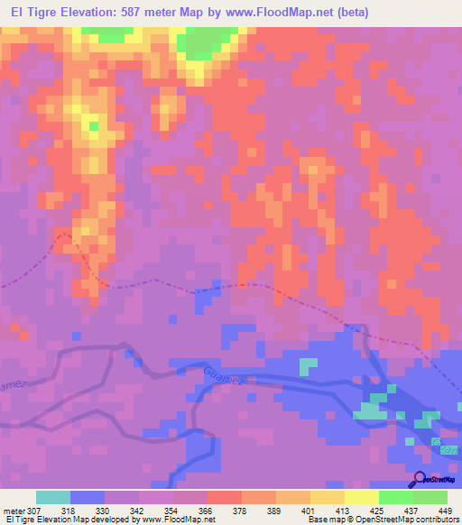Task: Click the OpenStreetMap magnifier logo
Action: tap(420, 480)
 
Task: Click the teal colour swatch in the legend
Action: tap(53, 497)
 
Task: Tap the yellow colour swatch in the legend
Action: tap(361, 497)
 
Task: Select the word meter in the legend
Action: tap(14, 511)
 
